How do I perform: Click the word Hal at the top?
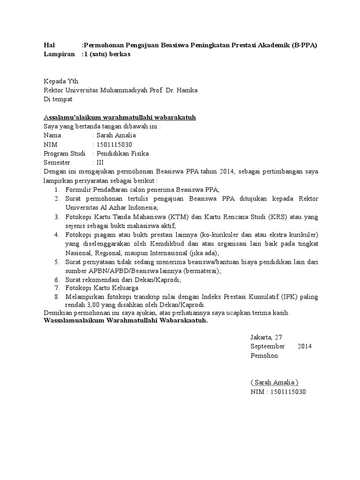[49, 45]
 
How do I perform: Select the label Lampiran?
[59, 54]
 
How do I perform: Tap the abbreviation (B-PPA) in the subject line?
[304, 45]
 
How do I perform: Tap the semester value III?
[100, 162]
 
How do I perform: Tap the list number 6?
[56, 280]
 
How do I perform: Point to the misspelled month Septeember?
[268, 346]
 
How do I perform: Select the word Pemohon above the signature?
[264, 355]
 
